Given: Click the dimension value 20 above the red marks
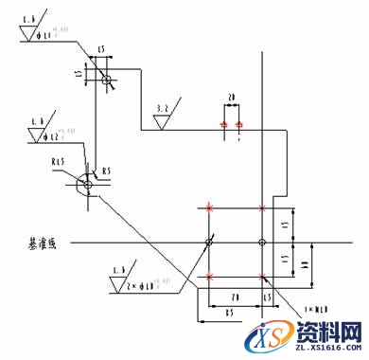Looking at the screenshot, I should [x=230, y=97].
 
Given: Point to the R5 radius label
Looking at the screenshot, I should [x=107, y=171].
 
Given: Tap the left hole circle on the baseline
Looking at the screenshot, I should [x=209, y=243].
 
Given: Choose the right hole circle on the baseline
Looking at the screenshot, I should [x=263, y=243].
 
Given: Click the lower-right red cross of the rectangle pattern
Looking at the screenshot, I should [x=263, y=278].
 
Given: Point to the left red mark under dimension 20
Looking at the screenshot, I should [x=223, y=124].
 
